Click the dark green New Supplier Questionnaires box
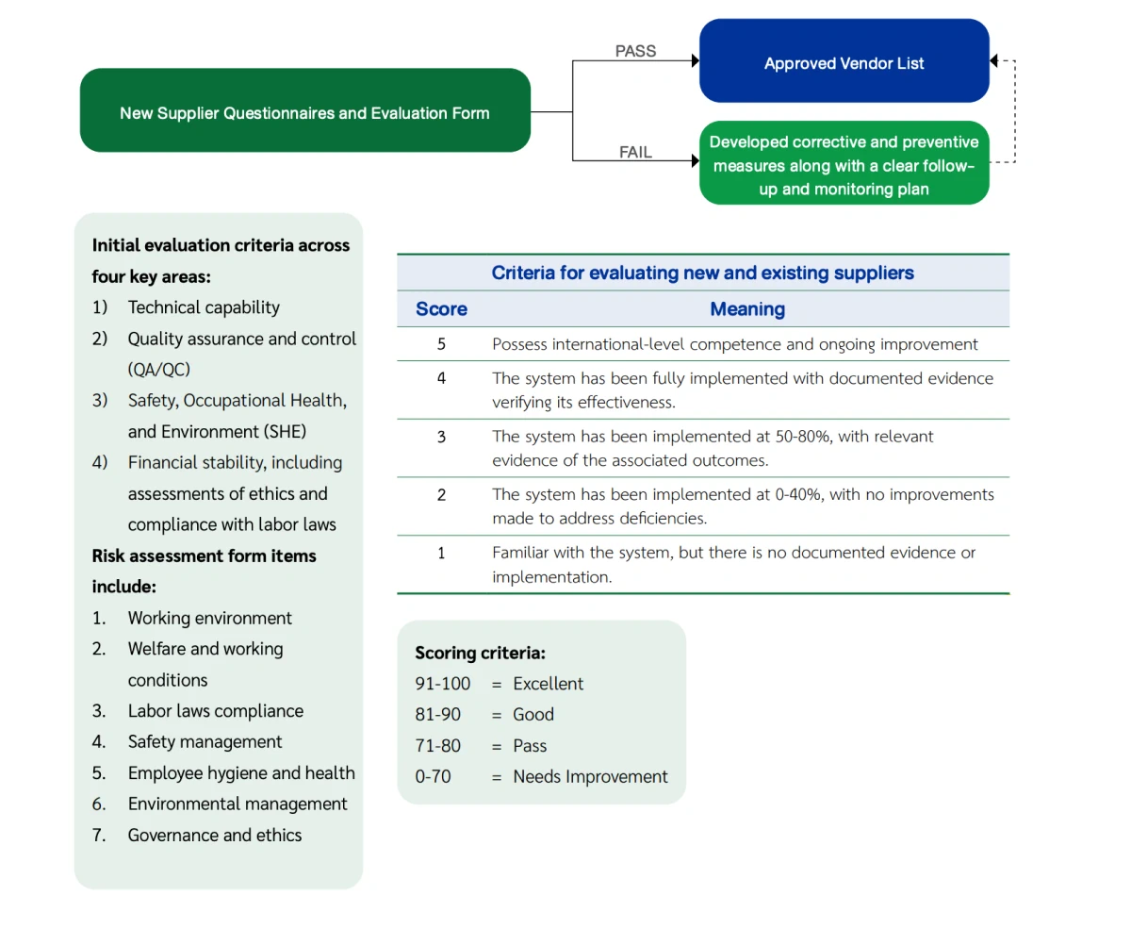pyautogui.click(x=304, y=112)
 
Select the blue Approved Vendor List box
pyautogui.click(x=844, y=63)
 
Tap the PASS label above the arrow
pyautogui.click(x=635, y=51)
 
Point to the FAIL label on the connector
pyautogui.click(x=635, y=152)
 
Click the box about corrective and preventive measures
pyautogui.click(x=844, y=165)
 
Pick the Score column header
pyautogui.click(x=441, y=308)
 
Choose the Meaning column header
pyautogui.click(x=747, y=308)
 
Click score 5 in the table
pyautogui.click(x=441, y=344)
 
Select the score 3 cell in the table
pyautogui.click(x=441, y=437)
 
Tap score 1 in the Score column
pyautogui.click(x=441, y=553)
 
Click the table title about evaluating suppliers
pyautogui.click(x=702, y=274)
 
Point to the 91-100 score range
pyautogui.click(x=443, y=684)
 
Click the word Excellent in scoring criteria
pyautogui.click(x=549, y=684)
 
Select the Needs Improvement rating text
pyautogui.click(x=590, y=777)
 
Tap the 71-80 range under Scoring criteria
pyautogui.click(x=438, y=746)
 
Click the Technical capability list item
pyautogui.click(x=204, y=307)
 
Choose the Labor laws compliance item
pyautogui.click(x=216, y=711)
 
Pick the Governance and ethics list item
pyautogui.click(x=215, y=835)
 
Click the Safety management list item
pyautogui.click(x=205, y=742)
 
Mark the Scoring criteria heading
pyautogui.click(x=481, y=653)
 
